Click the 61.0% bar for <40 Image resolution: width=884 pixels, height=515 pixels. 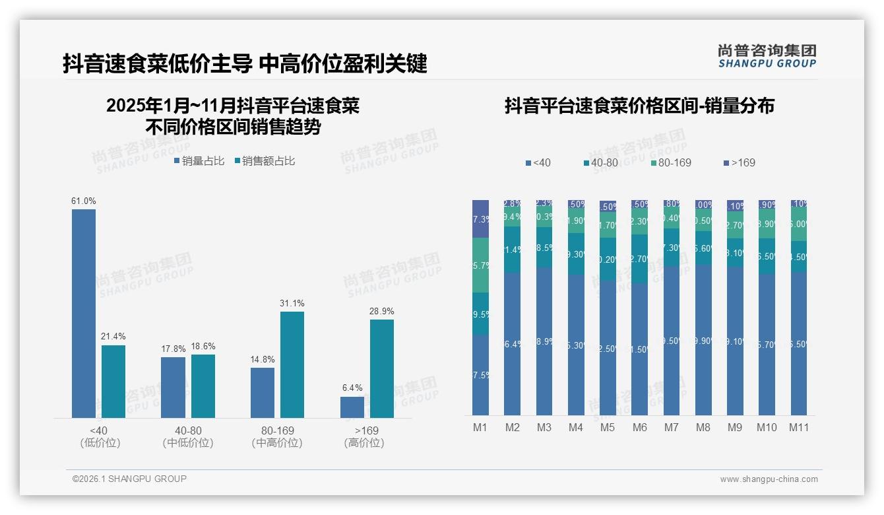(84, 314)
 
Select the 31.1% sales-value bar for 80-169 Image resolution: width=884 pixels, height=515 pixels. (292, 364)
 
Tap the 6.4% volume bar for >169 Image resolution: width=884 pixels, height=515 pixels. (352, 407)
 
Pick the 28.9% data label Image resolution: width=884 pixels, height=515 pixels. (381, 311)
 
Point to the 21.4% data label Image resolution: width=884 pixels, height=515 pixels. (113, 337)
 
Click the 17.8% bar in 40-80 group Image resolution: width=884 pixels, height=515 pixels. (173, 388)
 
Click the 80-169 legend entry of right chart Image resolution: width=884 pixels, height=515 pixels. (671, 162)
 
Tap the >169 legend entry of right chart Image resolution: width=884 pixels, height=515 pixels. (740, 162)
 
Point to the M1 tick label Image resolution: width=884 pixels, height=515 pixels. (480, 427)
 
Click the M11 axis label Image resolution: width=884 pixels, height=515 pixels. (799, 427)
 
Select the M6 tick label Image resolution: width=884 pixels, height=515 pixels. (639, 427)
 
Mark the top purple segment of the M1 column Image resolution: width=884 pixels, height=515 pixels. (480, 219)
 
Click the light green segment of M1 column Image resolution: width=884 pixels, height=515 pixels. (480, 265)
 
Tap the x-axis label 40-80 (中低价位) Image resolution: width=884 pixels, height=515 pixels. (188, 436)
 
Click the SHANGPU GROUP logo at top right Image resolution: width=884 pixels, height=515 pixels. (767, 56)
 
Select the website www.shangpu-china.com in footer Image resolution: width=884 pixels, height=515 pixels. (769, 479)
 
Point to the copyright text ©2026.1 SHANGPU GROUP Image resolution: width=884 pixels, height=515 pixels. (129, 479)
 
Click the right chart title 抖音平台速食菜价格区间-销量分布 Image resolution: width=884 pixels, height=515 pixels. (639, 106)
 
